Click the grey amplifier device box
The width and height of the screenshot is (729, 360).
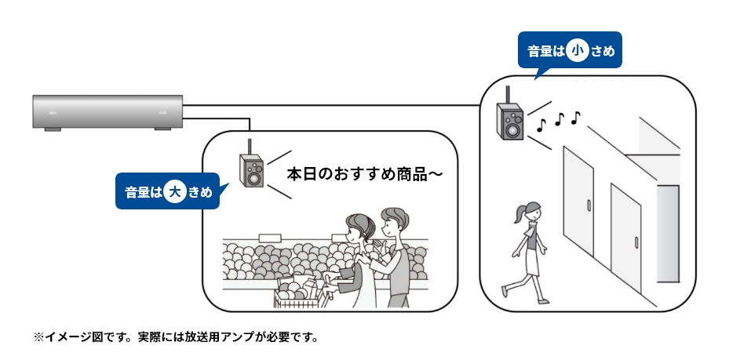[x=107, y=111]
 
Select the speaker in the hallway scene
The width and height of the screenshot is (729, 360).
[x=508, y=121]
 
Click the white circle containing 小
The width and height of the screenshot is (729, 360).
[x=579, y=51]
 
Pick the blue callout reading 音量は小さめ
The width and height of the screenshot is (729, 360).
[x=570, y=51]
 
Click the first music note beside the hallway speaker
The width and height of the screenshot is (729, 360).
[x=541, y=124]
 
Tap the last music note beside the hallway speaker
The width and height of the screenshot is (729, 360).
[x=576, y=118]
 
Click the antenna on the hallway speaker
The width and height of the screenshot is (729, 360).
[x=507, y=94]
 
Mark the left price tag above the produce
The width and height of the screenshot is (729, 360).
[x=269, y=236]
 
